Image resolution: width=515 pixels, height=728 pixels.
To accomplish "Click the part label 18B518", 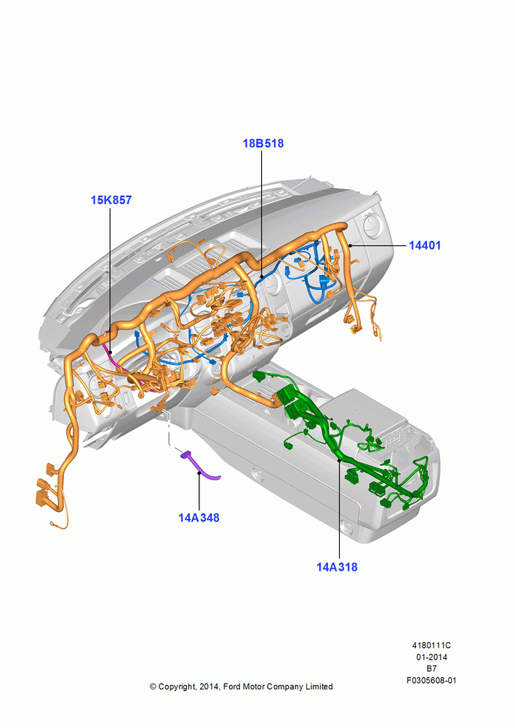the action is point(263,143).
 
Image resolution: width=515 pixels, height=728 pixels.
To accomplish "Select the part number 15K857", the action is point(111,200).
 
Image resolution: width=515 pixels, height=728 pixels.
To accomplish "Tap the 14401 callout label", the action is point(425,245).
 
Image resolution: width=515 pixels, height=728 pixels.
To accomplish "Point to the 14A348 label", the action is point(199,518).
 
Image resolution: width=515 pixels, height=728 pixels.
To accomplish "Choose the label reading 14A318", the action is point(337,567).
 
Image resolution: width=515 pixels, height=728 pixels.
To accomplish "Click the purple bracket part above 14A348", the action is point(200,466).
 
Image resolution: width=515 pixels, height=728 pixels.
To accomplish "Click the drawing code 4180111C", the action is point(431,645).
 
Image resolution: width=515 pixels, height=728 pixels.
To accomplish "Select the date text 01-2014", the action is point(431,657).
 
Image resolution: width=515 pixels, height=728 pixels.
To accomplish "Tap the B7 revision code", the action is point(431,668).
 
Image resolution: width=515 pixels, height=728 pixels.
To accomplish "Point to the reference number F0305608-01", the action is point(431,680).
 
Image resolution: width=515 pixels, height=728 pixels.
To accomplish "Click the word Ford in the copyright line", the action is point(233,687).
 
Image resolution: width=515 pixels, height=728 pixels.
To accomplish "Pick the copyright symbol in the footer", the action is point(153,687).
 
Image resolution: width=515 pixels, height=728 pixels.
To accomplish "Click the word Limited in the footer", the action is point(319,687).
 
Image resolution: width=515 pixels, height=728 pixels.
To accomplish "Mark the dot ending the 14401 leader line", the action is point(350,245).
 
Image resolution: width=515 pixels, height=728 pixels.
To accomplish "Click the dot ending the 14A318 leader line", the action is point(339,459).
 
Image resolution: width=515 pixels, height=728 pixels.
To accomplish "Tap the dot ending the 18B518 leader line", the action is point(262,277).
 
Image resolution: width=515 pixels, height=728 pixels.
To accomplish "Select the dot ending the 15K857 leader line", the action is point(111,353).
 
